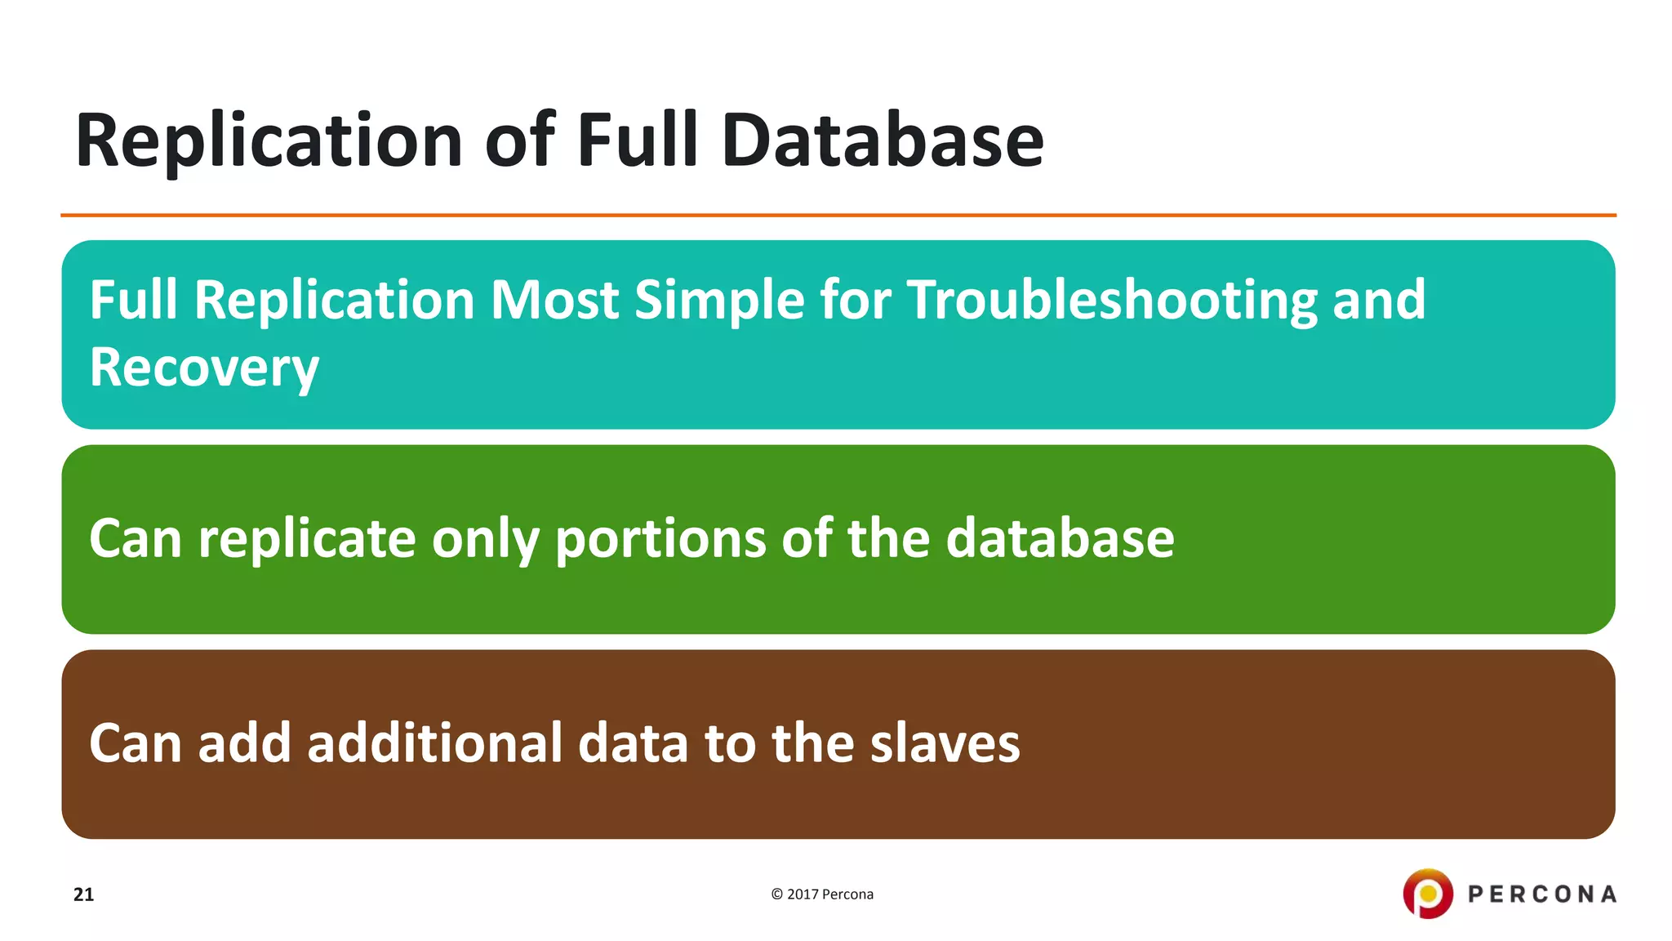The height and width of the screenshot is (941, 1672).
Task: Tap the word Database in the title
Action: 883,140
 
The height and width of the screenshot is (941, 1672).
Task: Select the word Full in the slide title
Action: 638,140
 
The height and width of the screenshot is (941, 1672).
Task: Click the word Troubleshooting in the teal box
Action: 1112,301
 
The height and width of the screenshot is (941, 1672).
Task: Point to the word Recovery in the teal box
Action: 204,368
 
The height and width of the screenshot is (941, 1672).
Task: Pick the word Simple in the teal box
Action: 720,301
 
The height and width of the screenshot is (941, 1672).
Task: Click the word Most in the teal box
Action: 554,301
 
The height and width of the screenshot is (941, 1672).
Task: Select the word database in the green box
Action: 1060,539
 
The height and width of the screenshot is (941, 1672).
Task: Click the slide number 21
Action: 83,894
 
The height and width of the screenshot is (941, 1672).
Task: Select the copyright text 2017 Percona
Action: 822,894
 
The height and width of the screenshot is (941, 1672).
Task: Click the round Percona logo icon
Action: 1427,894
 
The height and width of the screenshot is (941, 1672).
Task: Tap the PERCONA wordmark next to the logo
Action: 1541,894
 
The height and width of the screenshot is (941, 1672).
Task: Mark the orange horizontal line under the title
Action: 838,215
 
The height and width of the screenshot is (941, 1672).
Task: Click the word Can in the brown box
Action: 135,743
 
